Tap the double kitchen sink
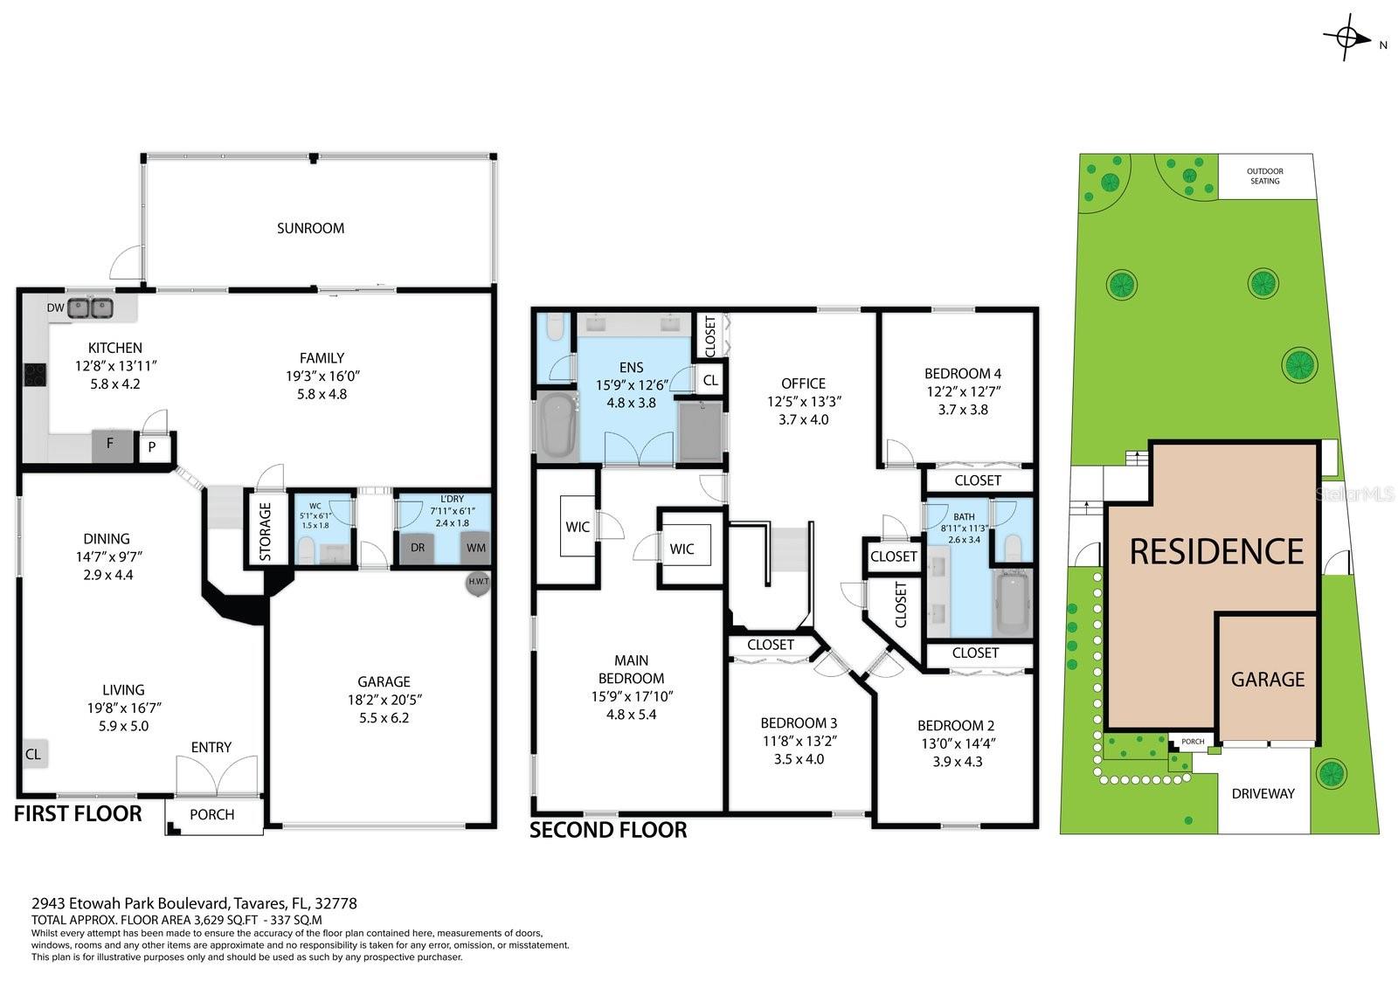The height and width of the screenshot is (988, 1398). point(91,307)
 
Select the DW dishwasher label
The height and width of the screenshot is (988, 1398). point(55,307)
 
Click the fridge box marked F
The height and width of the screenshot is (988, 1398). point(111,445)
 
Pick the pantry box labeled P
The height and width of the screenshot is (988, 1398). point(151,447)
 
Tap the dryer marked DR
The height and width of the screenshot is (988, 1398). point(417,548)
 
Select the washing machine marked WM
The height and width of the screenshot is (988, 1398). point(476,548)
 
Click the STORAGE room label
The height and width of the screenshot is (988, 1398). point(265,530)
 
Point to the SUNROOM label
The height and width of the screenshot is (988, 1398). point(310,228)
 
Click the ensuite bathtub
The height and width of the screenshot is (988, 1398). point(557,425)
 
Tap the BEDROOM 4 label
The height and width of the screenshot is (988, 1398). point(964,373)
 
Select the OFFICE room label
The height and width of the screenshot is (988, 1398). point(803,383)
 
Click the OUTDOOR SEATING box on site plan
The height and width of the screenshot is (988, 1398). point(1264,176)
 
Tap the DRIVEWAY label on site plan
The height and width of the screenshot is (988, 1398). point(1263,793)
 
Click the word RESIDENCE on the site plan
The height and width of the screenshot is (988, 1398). point(1216,551)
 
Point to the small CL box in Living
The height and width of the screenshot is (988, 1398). point(33,753)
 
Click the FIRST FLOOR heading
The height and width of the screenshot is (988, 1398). point(78,813)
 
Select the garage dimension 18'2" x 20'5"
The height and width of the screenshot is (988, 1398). point(384,700)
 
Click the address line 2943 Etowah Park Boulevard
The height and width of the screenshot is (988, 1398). point(194,903)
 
